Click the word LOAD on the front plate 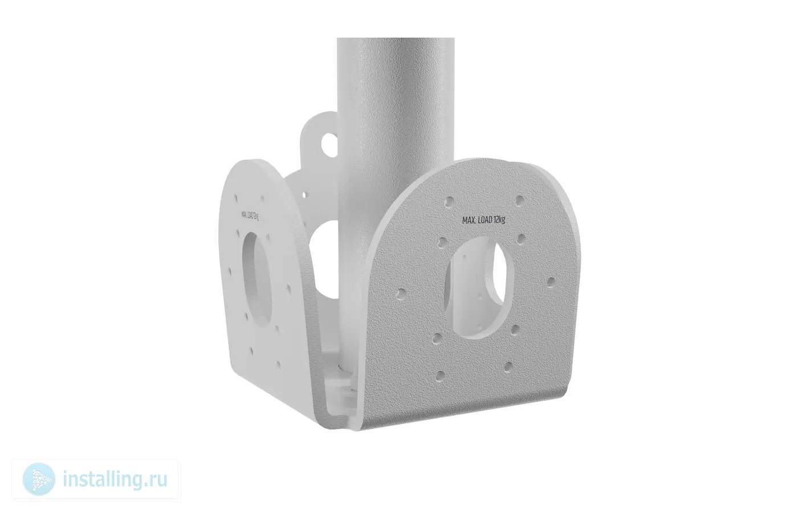pos(484,220)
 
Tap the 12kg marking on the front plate pos(499,219)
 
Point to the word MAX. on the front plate pos(469,221)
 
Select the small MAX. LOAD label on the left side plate pos(250,215)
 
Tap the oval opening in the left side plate pos(257,279)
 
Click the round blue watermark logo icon pos(39,479)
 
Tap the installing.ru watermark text pos(115,479)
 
